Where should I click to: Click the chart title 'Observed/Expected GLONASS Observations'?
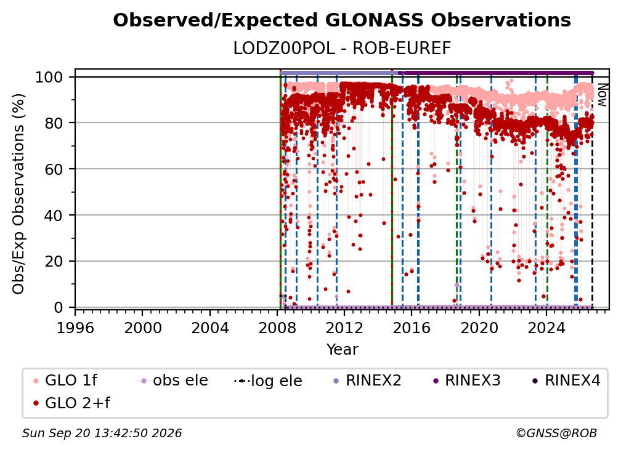pos(342,20)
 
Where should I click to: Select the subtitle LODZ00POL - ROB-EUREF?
pos(342,49)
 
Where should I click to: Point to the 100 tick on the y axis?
pos(55,77)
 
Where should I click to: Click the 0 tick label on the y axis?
pos(59,307)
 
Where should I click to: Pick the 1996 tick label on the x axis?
pos(75,328)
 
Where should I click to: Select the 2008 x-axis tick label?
pos(277,328)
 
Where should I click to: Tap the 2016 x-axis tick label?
pos(412,328)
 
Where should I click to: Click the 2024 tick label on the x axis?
pos(546,328)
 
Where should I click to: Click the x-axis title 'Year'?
pos(342,350)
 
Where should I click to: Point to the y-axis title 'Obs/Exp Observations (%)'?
pos(18,194)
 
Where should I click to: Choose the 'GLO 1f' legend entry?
pos(65,381)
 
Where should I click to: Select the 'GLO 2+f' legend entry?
pos(71,403)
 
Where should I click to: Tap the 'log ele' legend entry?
pos(268,381)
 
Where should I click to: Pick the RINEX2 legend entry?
pos(368,381)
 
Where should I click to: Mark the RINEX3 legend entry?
pos(466,381)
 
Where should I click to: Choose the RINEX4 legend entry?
pos(566,381)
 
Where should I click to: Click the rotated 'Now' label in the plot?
pos(602,95)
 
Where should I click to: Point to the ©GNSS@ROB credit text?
pos(556,434)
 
